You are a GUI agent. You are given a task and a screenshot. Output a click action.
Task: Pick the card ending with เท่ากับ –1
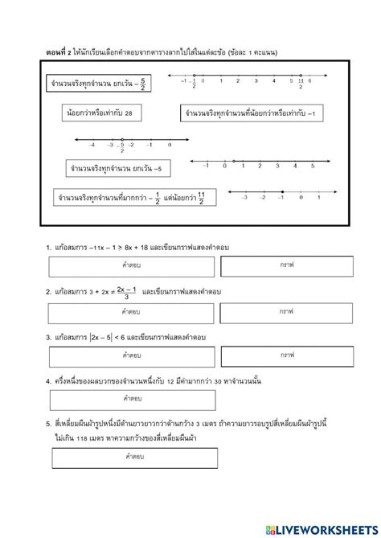coord(250,115)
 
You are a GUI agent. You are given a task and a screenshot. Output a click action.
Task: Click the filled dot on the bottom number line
coord(282,191)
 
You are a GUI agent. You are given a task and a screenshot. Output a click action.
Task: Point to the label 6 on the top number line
coord(310,80)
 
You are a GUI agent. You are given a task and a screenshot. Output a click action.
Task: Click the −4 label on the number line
coord(92,145)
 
